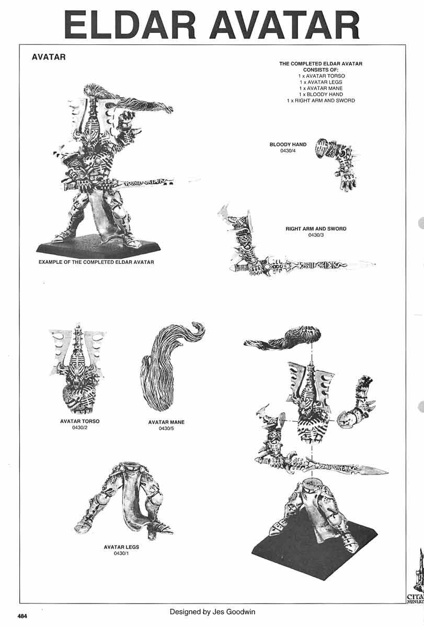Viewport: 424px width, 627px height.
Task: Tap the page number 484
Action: [22, 616]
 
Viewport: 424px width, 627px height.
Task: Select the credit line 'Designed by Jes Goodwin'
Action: [212, 611]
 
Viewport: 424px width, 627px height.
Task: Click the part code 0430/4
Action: [288, 151]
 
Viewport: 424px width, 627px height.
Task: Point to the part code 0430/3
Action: [316, 235]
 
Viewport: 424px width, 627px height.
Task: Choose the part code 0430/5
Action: [166, 428]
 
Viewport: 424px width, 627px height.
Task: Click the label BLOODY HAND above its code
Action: [288, 145]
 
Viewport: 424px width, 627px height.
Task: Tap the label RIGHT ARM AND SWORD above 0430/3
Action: [316, 229]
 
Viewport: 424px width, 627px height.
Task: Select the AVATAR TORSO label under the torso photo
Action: [79, 421]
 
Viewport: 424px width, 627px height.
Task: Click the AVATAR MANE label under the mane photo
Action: [166, 422]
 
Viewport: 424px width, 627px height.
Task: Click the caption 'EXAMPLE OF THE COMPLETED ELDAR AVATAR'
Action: [96, 262]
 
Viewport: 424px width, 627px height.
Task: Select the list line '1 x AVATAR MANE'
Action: [320, 88]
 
